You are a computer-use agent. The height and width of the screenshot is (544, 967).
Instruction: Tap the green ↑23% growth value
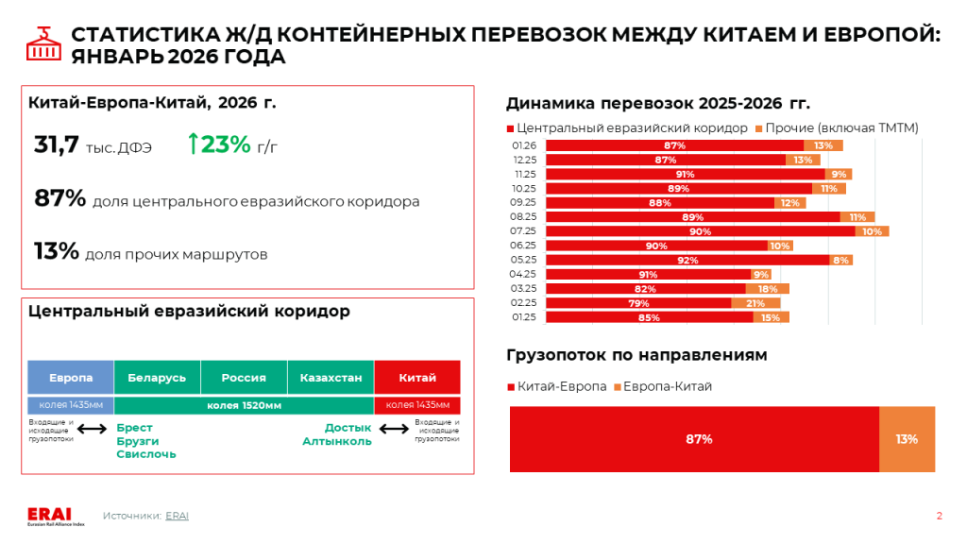pos(219,144)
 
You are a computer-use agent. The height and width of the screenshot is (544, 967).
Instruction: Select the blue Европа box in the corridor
pos(71,377)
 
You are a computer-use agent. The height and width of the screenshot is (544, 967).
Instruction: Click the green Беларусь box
pos(157,377)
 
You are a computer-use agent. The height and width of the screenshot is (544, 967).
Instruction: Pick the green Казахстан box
pos(331,377)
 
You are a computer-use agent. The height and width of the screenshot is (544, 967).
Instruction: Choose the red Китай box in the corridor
pos(417,377)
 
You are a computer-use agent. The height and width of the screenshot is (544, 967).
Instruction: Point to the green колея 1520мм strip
pos(244,405)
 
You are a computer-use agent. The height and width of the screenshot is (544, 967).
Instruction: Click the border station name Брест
pos(134,428)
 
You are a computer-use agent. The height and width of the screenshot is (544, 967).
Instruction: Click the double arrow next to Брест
pos(93,430)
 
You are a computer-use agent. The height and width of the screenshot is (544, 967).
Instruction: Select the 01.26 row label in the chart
pos(524,145)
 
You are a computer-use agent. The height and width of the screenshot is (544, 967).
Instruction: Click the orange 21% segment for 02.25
pos(755,303)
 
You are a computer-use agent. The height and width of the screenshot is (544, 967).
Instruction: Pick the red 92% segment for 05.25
pos(687,260)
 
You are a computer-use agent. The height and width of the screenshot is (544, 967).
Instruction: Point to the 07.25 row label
pos(524,231)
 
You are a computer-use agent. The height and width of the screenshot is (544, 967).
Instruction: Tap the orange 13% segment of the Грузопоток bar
pos(907,439)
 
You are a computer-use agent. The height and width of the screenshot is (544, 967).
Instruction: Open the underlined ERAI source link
pos(177,516)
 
